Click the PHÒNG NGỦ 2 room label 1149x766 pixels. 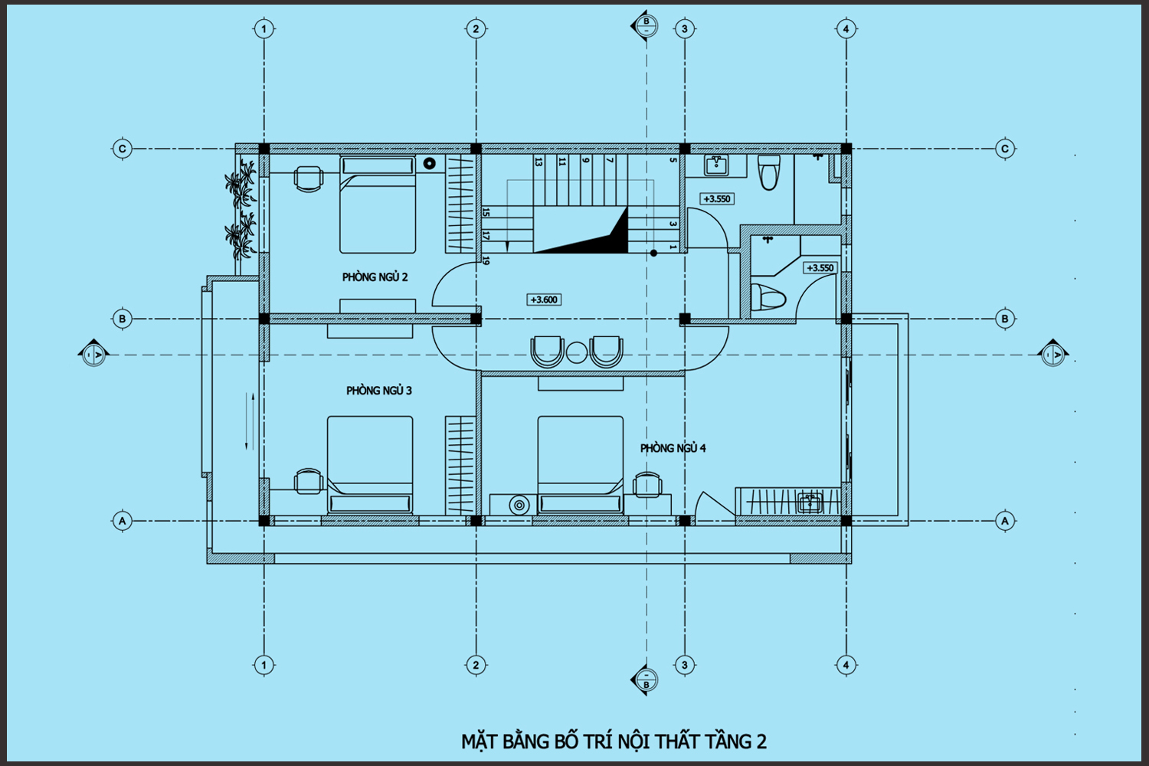[375, 277]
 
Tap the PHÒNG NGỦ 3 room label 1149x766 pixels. [379, 391]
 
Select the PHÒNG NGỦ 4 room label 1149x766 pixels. [673, 448]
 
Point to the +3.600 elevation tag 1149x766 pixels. [544, 300]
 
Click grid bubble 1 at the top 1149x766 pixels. [264, 29]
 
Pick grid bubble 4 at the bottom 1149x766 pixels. [846, 666]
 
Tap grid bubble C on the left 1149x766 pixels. [122, 149]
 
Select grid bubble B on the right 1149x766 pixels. [1005, 319]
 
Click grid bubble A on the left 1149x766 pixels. [122, 521]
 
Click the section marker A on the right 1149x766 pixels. [1053, 353]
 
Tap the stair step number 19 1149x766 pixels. [486, 260]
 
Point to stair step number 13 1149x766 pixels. [538, 162]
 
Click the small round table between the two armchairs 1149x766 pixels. [577, 352]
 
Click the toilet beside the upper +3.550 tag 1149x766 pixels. [769, 172]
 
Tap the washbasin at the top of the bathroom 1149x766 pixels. [716, 165]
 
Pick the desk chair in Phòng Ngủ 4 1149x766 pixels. [647, 485]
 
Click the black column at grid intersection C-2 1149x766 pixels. [476, 149]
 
